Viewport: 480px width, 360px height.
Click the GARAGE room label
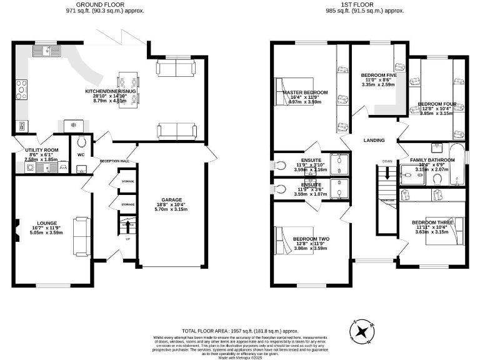coord(172,201)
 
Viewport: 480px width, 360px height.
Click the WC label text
coord(81,154)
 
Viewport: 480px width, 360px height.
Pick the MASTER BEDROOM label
coord(306,92)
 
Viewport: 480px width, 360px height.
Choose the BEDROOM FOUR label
coord(437,104)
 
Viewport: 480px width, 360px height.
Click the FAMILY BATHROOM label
coord(432,160)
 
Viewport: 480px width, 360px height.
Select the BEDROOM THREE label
coord(432,222)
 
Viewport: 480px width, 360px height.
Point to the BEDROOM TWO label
coord(311,239)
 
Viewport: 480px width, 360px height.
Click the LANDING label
coord(374,140)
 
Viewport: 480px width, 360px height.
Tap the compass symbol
coord(362,331)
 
